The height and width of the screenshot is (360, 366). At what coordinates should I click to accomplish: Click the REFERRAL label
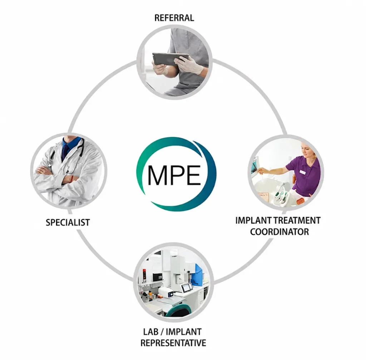[174, 18]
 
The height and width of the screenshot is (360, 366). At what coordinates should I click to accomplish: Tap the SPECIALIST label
[68, 222]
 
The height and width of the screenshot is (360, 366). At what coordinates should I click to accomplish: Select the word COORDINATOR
[280, 232]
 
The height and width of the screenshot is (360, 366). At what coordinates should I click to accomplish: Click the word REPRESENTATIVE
[173, 343]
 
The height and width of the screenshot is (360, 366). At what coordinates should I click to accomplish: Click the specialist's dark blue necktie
[65, 152]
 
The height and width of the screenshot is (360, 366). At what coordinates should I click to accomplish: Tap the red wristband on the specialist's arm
[72, 179]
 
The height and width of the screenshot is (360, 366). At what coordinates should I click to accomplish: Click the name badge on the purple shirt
[302, 172]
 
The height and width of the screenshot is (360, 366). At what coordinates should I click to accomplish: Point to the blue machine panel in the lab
[199, 274]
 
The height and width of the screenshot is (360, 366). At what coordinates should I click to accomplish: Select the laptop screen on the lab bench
[187, 287]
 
